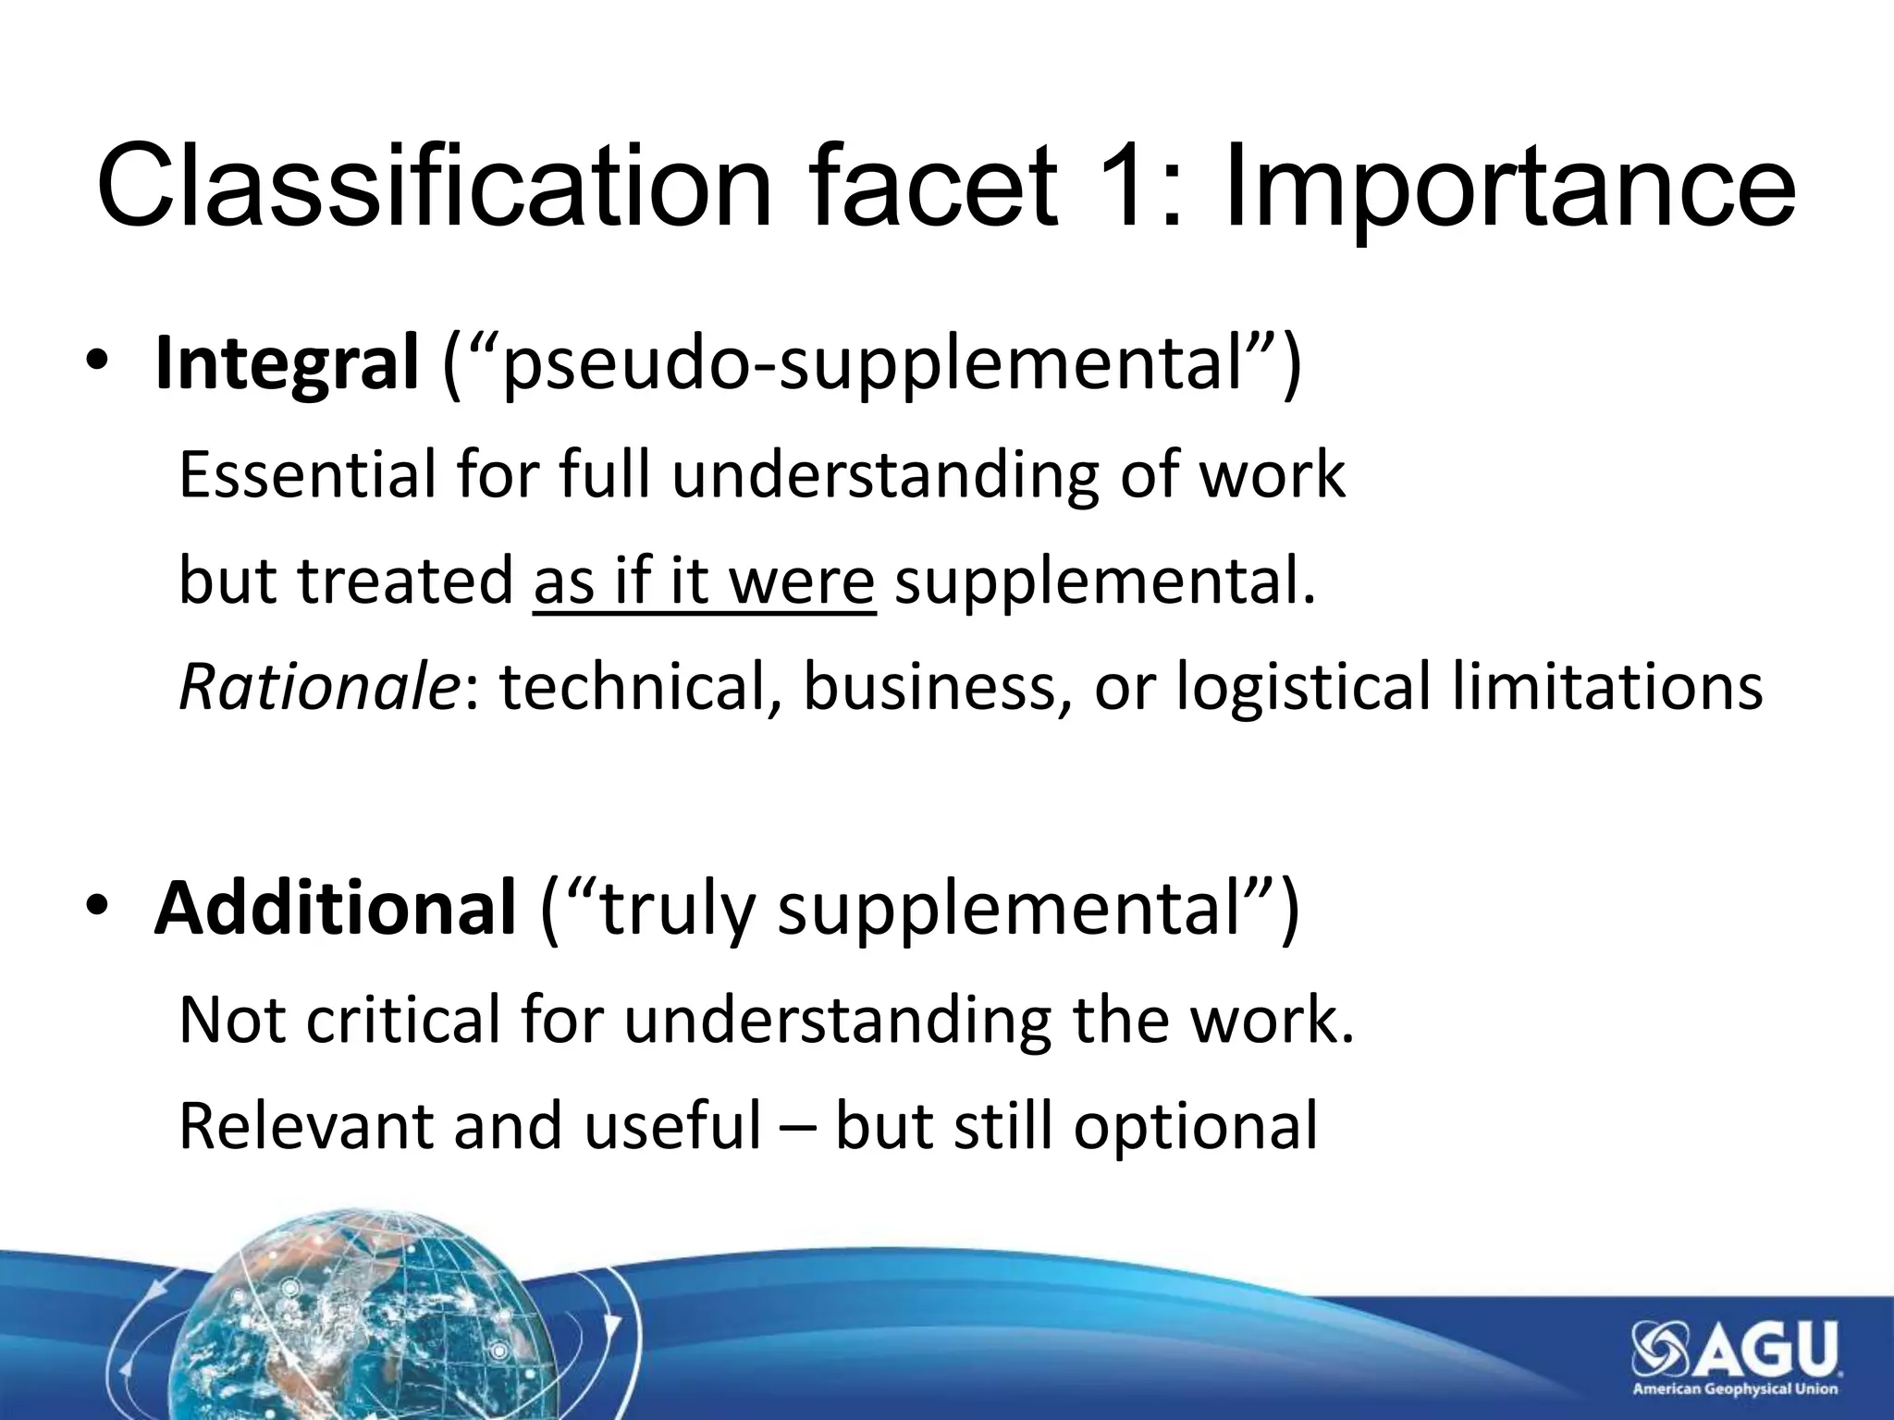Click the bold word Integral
[287, 364]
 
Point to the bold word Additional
[335, 908]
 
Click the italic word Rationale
[318, 688]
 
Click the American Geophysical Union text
[1735, 1389]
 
